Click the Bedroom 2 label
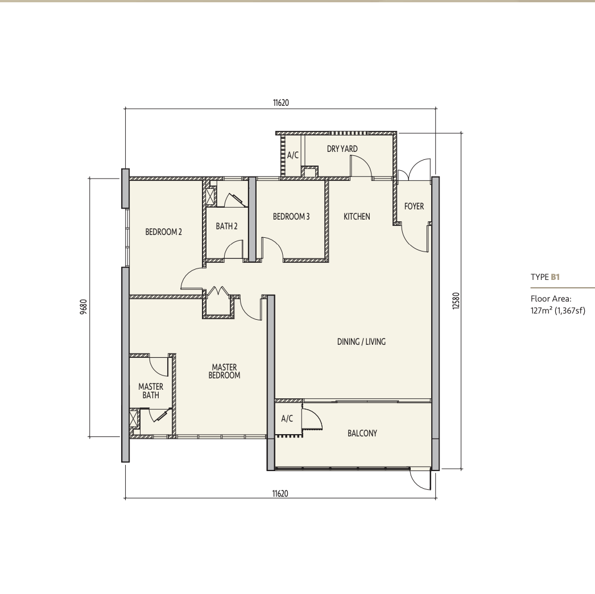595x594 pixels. coord(164,232)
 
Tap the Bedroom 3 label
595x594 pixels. coord(291,216)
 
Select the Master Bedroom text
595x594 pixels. coord(224,371)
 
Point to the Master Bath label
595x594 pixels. coord(151,391)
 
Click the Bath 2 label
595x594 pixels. coord(226,226)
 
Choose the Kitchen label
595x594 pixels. coord(357,216)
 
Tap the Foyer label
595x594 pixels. coord(414,206)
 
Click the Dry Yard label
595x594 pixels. coord(342,149)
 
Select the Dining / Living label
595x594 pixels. coord(361,341)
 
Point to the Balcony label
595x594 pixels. coord(362,433)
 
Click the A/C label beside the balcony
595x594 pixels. coord(287,418)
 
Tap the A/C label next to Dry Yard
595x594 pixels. coord(293,155)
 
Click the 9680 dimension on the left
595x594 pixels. coord(84,307)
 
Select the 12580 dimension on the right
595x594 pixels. coord(456,300)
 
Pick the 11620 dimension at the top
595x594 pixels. coord(281,102)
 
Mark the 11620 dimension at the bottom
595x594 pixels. coord(280,493)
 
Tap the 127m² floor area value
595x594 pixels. coord(542,311)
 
